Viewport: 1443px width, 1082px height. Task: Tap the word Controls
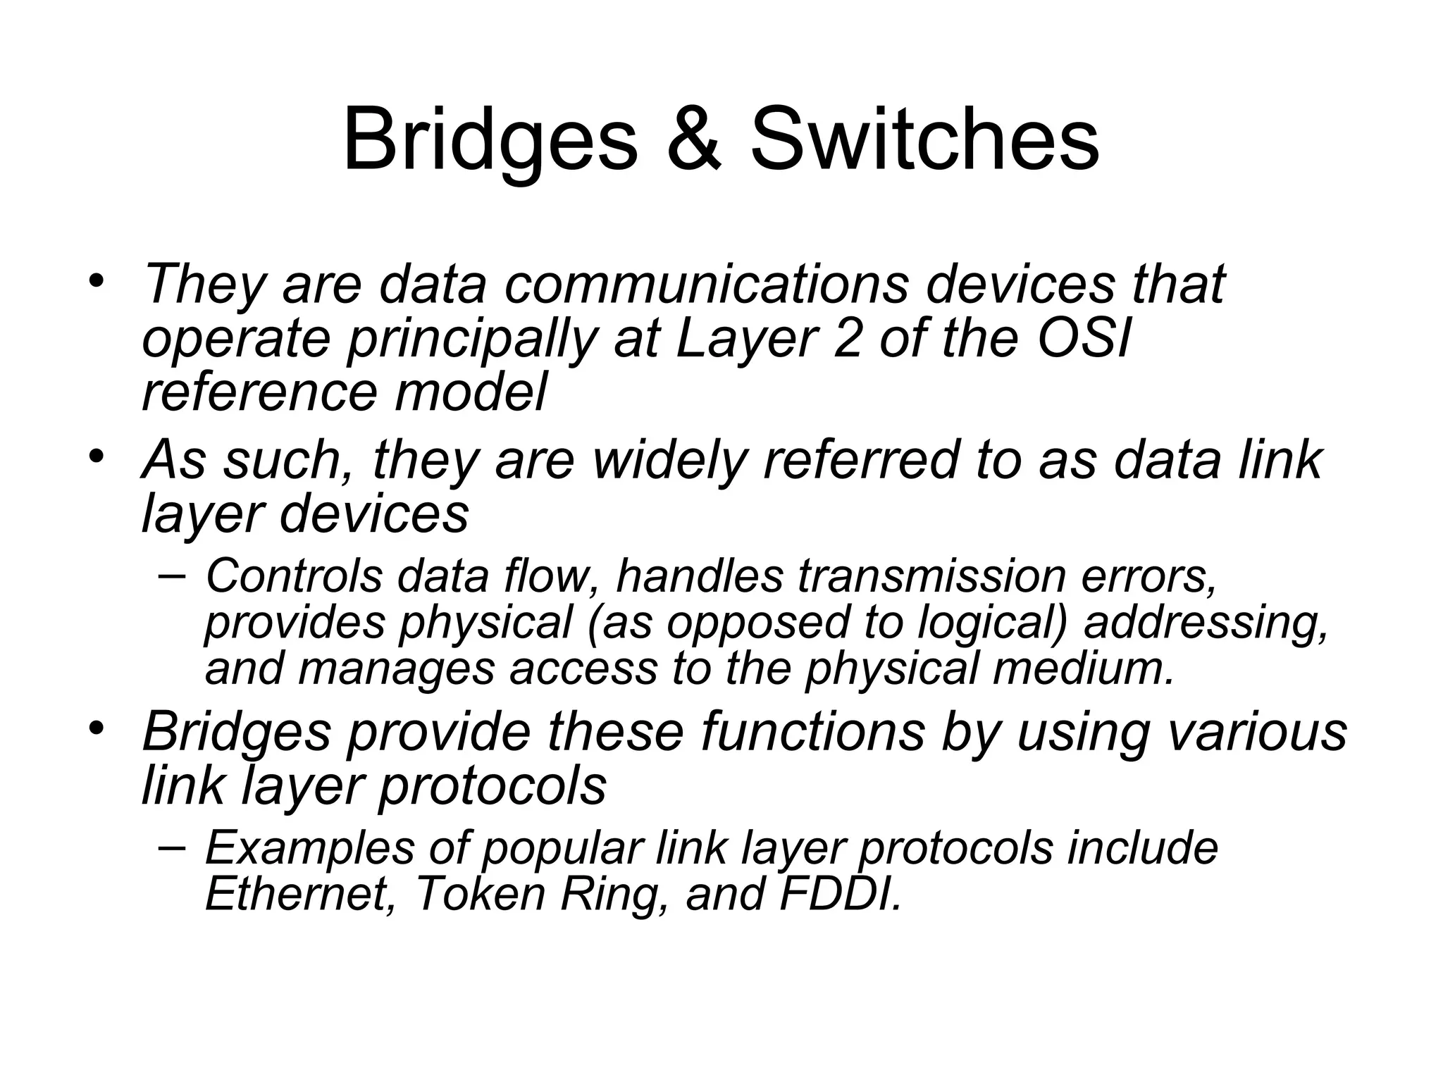tap(294, 576)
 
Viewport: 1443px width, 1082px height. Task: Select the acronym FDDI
tap(839, 894)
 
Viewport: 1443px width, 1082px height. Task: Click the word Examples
tap(310, 848)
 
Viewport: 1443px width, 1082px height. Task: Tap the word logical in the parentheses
tap(993, 624)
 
